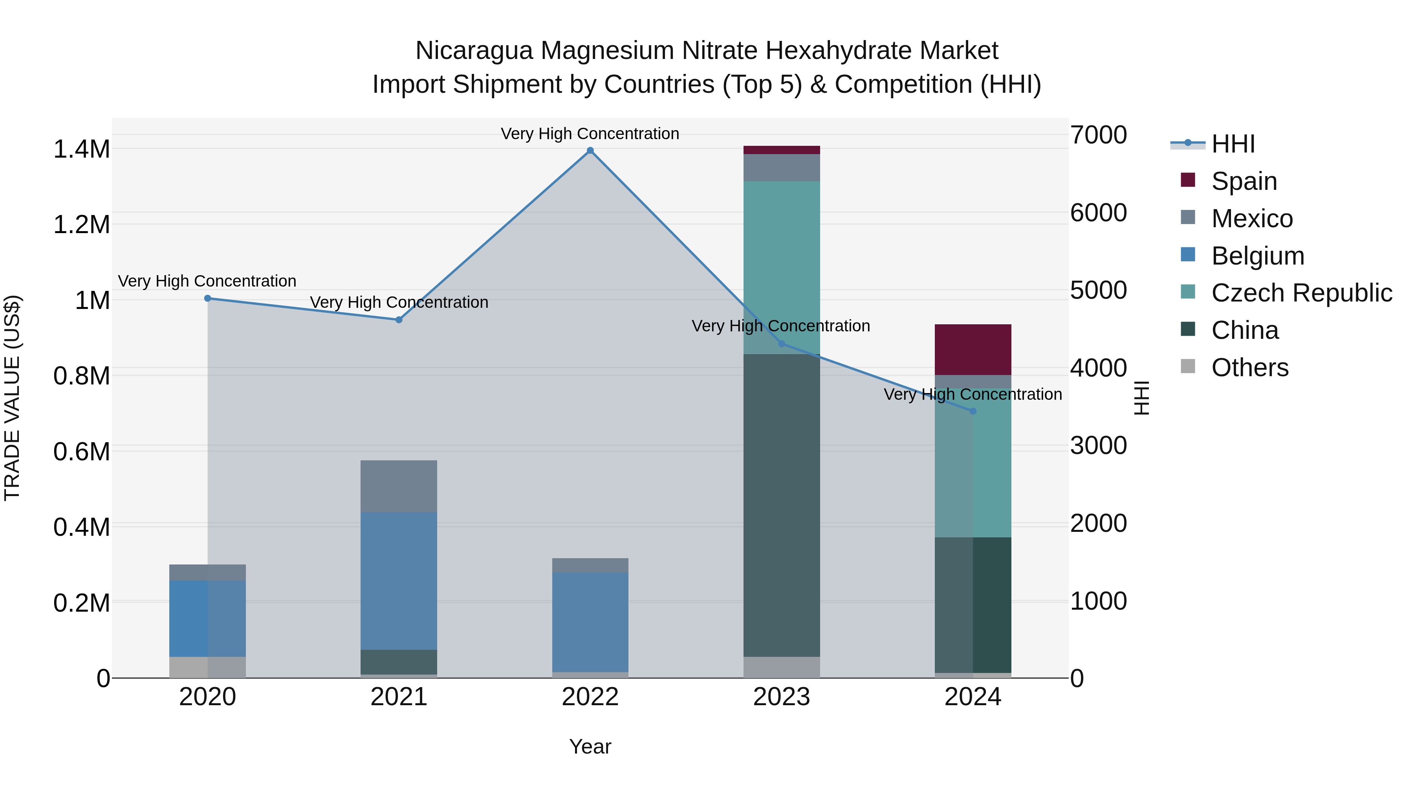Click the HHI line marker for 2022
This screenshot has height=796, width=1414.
(590, 151)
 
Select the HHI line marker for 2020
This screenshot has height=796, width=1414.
(207, 298)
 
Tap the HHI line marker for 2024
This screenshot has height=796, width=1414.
(973, 411)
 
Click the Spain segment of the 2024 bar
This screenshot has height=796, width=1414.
(973, 350)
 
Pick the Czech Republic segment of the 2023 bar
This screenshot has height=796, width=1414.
(781, 268)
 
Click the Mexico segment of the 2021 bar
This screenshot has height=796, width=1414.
(399, 486)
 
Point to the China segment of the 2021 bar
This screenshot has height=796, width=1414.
(399, 662)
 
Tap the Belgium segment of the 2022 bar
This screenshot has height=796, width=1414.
(590, 622)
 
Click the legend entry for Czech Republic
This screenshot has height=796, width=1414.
(1301, 293)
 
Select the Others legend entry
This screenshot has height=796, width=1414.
(1249, 368)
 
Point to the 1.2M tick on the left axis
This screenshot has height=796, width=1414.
(81, 225)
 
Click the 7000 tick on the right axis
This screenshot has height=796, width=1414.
(1098, 135)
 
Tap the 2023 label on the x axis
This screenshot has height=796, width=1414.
(781, 697)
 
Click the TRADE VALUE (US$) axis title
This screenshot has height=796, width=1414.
(12, 398)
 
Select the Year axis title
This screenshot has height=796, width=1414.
(590, 746)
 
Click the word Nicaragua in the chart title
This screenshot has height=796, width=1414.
(474, 51)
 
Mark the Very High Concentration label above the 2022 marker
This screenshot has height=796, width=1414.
(590, 134)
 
